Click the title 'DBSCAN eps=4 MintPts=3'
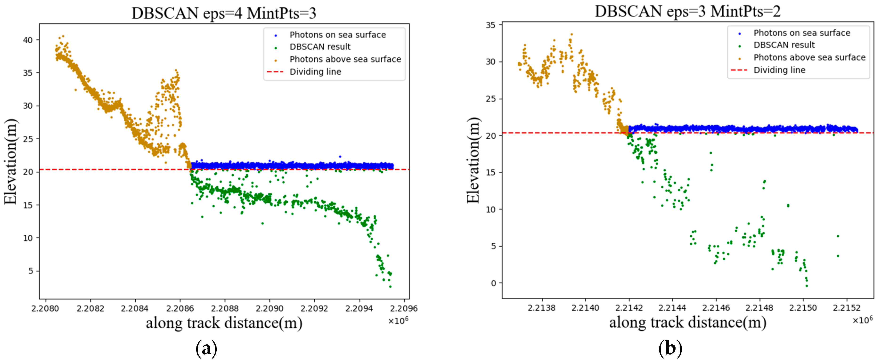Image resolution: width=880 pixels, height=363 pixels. coord(224,13)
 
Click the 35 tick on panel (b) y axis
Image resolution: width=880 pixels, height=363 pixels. coord(491,25)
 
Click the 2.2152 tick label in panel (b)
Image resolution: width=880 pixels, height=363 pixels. coord(847,307)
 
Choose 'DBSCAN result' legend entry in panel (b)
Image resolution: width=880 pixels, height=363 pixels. coord(784,45)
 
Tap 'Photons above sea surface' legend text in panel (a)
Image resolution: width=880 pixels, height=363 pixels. coord(345,59)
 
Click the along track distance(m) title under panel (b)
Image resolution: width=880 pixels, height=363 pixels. coord(687,322)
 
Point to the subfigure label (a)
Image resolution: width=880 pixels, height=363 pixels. coord(206,348)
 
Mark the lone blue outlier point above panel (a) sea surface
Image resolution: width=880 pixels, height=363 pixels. coord(340,156)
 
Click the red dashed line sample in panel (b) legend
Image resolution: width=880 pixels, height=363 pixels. coord(739,70)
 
